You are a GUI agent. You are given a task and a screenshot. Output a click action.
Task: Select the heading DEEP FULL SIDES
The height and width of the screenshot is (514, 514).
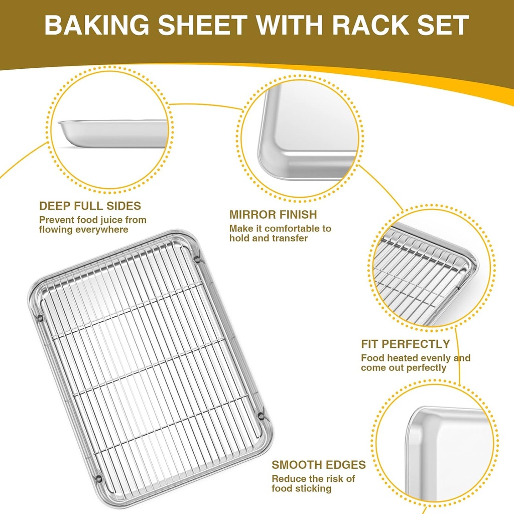(90, 206)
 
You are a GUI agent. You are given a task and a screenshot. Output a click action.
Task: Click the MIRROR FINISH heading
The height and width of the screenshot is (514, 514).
(273, 215)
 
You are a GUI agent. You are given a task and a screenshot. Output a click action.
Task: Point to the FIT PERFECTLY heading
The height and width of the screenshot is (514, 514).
(406, 344)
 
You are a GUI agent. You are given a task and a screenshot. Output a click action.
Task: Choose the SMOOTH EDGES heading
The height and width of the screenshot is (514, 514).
(319, 465)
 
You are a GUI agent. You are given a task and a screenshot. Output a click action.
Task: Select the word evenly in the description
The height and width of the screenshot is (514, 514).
(436, 358)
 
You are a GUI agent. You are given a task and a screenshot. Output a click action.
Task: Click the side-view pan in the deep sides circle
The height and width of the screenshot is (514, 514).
(114, 133)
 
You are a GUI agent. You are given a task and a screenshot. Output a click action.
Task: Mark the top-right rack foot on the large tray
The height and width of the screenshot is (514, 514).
(197, 261)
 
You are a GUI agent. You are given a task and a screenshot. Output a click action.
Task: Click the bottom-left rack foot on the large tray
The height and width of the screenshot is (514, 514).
(99, 478)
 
